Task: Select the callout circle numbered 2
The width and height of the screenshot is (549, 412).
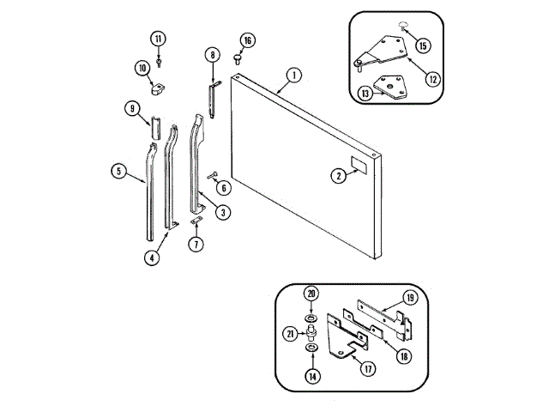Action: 339,175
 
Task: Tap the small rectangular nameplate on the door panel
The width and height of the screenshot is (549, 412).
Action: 359,166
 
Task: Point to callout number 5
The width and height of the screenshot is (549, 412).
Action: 118,171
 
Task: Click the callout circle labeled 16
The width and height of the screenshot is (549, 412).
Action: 247,40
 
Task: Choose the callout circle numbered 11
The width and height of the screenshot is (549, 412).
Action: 158,39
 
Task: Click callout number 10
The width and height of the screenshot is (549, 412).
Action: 142,67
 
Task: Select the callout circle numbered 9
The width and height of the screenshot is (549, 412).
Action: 131,108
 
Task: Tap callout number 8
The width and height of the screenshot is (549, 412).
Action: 212,55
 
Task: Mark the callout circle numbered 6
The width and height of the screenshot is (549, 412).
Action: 223,187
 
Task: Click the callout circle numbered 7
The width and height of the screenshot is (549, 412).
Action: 196,244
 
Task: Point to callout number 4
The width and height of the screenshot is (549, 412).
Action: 152,256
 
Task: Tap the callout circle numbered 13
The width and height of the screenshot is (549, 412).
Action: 365,94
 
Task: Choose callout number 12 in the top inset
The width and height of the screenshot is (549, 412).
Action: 432,79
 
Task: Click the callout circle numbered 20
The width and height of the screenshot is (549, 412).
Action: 311,292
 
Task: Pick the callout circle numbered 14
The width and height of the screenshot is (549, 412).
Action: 311,374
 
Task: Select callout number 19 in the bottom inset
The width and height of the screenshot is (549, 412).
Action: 410,297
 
